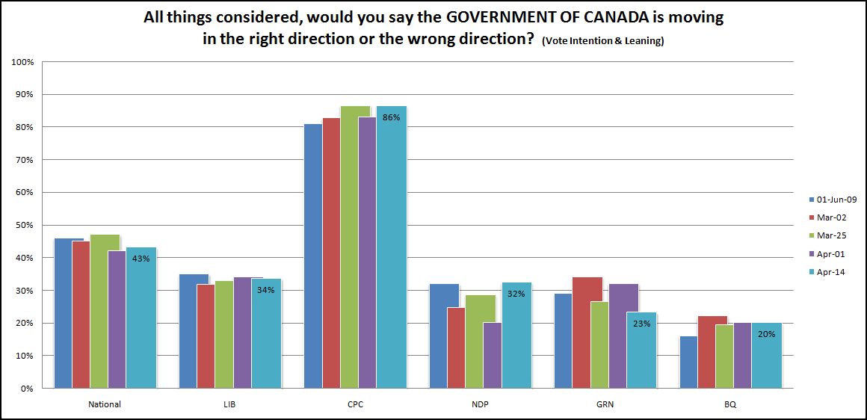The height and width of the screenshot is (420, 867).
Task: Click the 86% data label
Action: (x=392, y=117)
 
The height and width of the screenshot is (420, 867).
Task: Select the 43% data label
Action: (x=141, y=259)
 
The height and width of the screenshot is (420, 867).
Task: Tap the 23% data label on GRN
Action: (x=641, y=324)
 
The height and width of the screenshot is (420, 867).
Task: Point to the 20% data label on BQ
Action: (x=766, y=334)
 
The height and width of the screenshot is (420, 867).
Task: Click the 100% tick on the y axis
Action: (x=22, y=62)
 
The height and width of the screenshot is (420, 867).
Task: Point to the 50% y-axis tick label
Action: (x=24, y=225)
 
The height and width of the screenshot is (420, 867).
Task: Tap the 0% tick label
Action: (x=27, y=389)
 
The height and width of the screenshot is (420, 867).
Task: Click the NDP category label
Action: (x=480, y=404)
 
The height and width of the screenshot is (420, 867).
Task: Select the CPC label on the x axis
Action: (x=354, y=404)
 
